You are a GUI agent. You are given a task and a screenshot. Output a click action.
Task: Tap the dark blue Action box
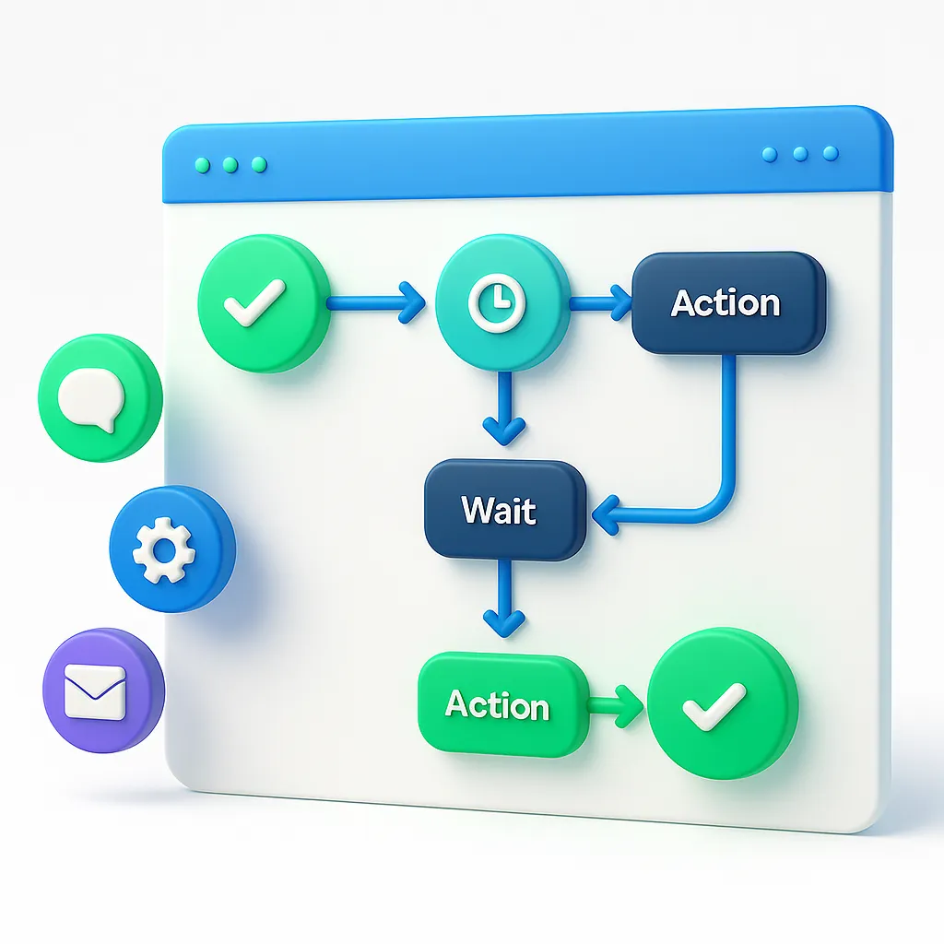727,304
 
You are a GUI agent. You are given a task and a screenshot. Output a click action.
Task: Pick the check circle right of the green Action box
723,706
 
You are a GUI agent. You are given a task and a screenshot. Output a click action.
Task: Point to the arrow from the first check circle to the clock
373,302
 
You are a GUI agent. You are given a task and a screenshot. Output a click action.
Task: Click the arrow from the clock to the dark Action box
599,302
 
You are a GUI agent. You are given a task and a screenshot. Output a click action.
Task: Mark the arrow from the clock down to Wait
503,406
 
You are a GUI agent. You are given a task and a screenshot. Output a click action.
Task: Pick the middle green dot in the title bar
230,165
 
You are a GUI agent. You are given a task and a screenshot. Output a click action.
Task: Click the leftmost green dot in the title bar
201,165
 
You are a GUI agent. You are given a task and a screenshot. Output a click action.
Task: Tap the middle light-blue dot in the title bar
800,154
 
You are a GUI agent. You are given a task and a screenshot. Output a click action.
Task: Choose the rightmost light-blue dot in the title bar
830,153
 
